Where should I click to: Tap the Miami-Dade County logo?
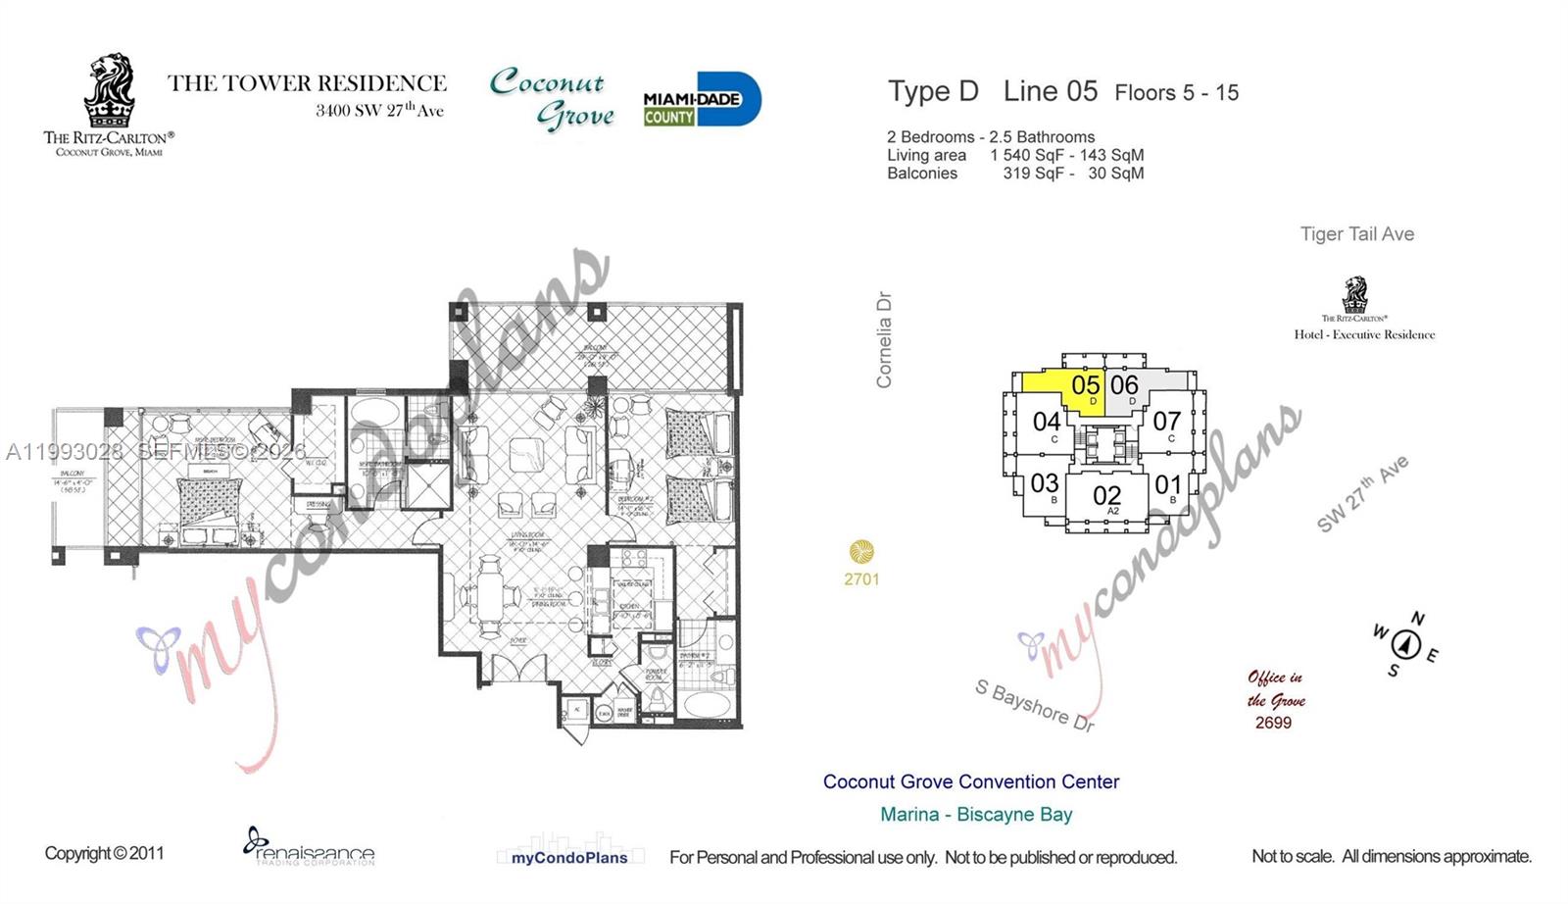tap(701, 99)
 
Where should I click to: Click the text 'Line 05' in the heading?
tap(1050, 91)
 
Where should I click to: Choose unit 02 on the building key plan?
tap(1106, 497)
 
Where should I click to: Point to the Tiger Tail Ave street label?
tap(1356, 234)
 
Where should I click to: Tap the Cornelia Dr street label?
tap(884, 339)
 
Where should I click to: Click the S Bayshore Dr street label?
tap(1034, 705)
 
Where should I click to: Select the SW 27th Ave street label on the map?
tap(1362, 494)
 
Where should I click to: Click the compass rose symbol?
tap(1406, 644)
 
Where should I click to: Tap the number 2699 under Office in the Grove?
tap(1273, 723)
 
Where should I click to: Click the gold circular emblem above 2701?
tap(861, 551)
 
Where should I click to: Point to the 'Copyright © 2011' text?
tap(104, 853)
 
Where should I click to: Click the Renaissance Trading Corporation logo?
tap(309, 847)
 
